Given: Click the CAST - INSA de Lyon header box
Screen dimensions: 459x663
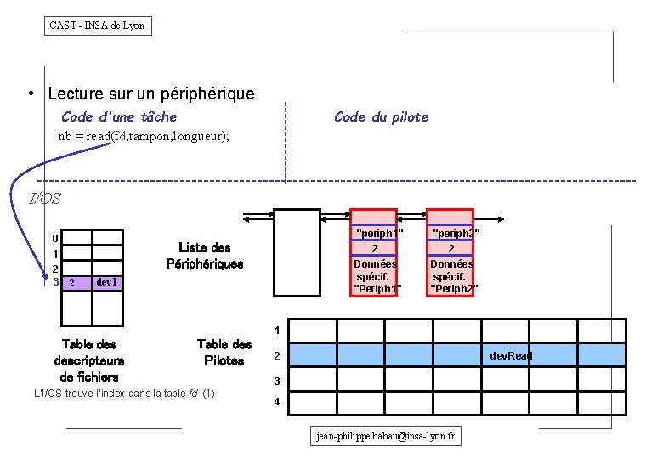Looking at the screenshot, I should point(98,25).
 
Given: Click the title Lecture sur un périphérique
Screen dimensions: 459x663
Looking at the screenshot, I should point(151,93).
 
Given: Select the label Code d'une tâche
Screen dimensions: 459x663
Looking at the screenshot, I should point(119,116).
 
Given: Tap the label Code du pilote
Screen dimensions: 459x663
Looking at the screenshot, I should point(381,116).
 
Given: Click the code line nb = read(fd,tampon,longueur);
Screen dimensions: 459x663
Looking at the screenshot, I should point(144,136).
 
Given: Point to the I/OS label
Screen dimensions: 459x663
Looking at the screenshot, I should point(45,199).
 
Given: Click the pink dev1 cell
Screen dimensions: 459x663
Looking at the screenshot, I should point(107,282).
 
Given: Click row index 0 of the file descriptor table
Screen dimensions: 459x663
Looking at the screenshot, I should point(55,238).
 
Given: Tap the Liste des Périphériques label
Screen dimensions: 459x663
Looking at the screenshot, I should point(205,255).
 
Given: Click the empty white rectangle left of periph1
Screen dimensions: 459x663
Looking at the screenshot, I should point(295,252).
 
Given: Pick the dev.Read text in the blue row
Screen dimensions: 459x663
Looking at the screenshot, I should point(511,355).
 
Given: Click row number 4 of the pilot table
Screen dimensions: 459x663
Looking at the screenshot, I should point(276,403).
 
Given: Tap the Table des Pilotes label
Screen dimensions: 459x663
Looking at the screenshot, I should point(224,352).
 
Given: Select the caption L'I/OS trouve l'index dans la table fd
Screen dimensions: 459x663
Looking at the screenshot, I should point(124,394).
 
